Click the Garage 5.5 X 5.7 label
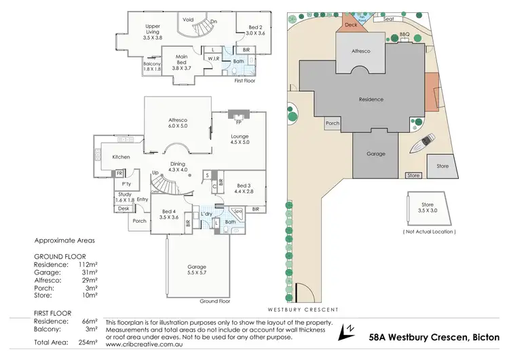(197, 270)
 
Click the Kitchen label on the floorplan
(121, 157)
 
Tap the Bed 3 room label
(244, 189)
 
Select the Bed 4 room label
(166, 213)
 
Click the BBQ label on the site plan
(406, 33)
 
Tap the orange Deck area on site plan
(351, 24)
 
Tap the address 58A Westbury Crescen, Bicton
(434, 336)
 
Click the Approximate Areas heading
(65, 240)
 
